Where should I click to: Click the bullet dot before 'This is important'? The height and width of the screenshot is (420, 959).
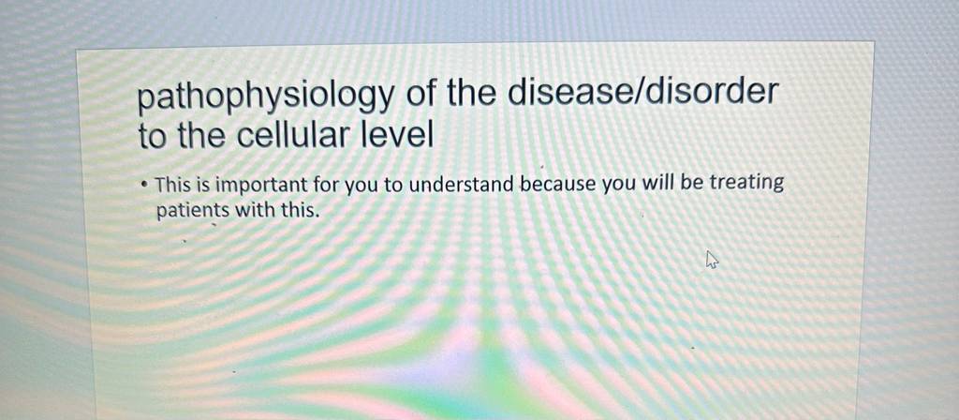(x=143, y=184)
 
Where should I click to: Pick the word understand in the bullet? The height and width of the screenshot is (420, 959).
(x=462, y=185)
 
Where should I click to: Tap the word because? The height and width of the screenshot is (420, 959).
(x=558, y=184)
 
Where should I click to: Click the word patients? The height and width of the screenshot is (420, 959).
(x=193, y=210)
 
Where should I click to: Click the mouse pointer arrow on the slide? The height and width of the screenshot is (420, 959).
(x=712, y=260)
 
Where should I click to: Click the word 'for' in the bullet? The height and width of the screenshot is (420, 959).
(x=327, y=185)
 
